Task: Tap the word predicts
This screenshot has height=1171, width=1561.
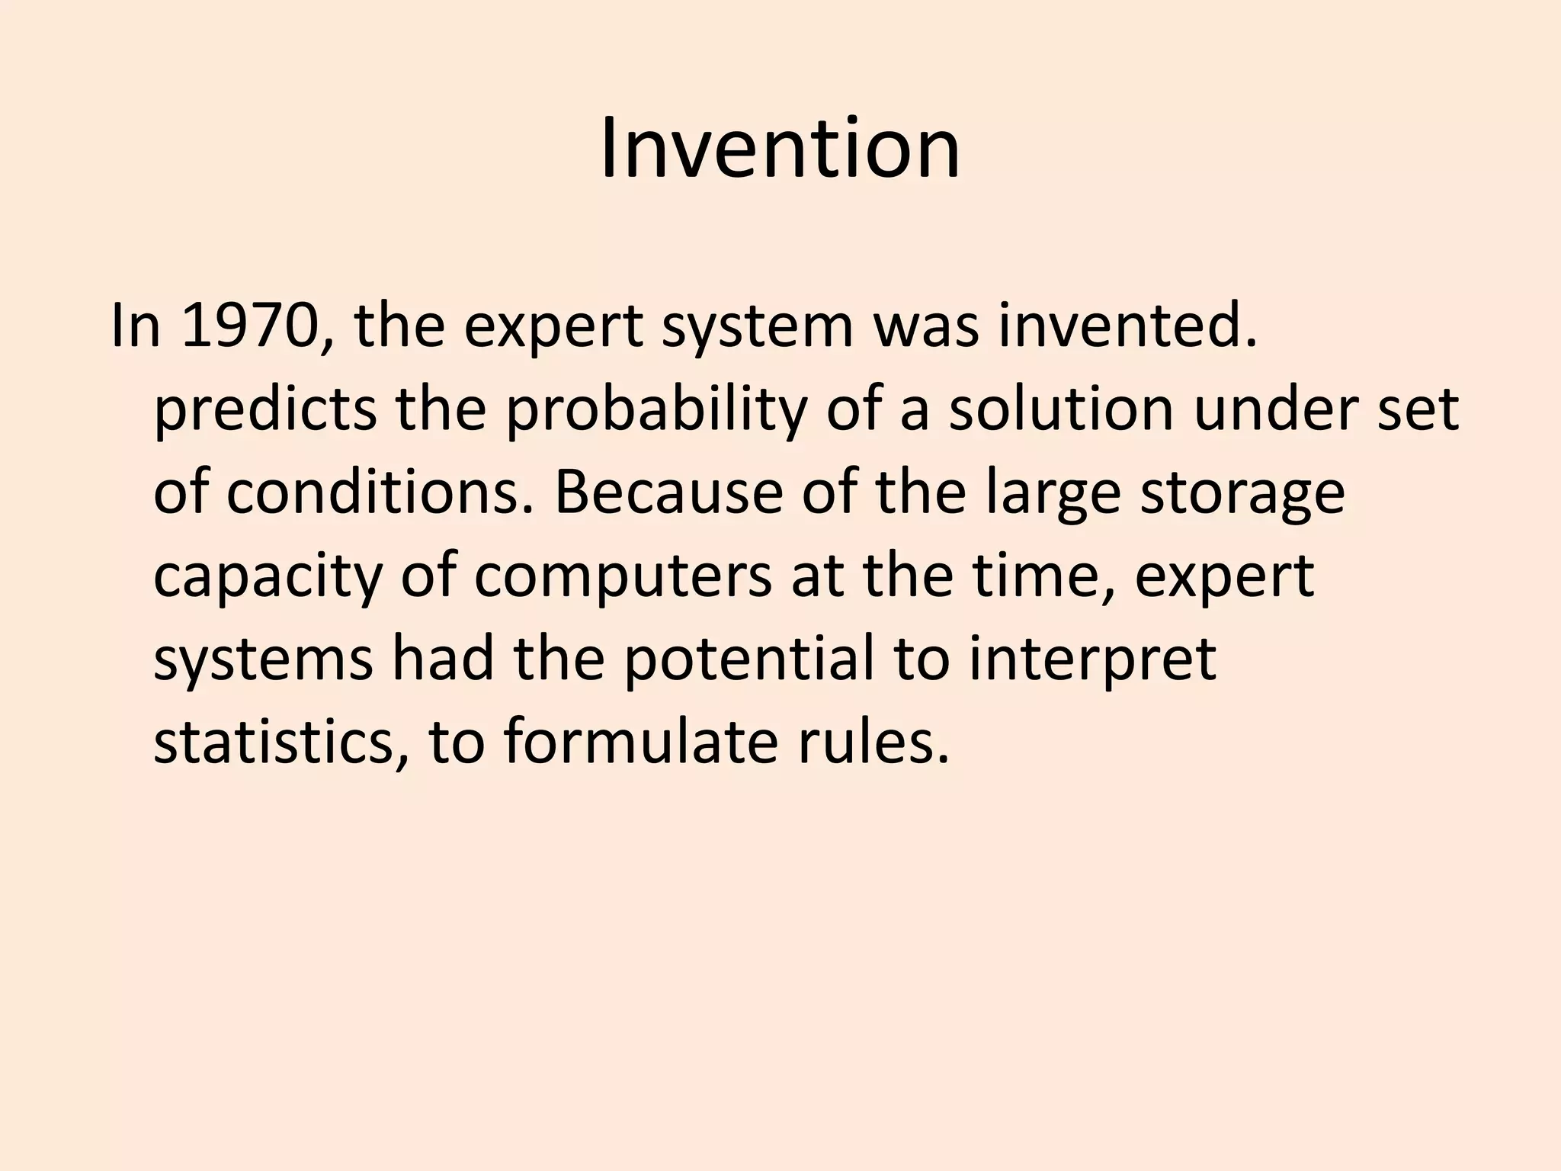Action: coord(264,410)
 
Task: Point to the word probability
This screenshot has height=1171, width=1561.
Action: coord(655,410)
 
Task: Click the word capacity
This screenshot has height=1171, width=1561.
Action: coord(267,576)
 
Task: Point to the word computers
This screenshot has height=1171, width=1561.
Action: coord(623,576)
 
